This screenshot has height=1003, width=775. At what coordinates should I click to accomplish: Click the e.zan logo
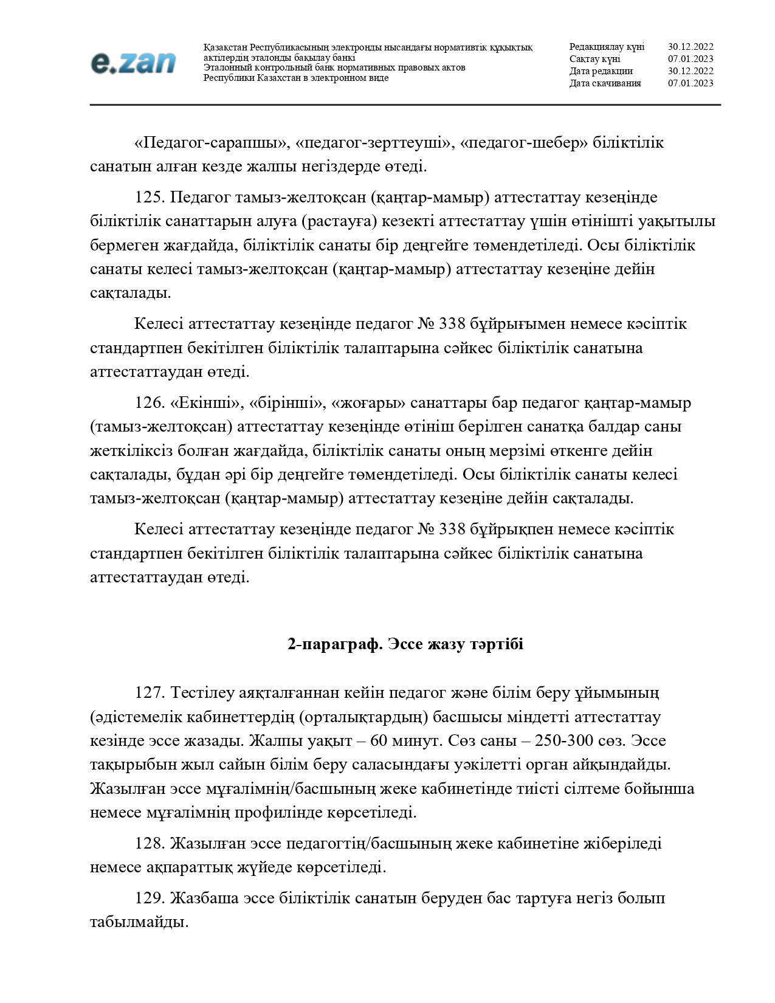[x=133, y=63]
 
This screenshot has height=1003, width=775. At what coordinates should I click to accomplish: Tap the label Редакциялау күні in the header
[x=607, y=47]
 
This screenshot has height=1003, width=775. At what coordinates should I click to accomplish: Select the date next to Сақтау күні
[x=691, y=59]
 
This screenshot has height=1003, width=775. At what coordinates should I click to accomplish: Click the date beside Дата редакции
[x=691, y=71]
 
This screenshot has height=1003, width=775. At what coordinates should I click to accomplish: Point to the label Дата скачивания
[x=605, y=83]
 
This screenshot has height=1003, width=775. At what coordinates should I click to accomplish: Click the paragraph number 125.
[x=150, y=198]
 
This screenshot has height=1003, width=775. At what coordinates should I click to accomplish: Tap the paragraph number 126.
[x=150, y=403]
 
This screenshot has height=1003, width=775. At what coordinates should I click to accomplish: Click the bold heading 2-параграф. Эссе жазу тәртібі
[x=405, y=644]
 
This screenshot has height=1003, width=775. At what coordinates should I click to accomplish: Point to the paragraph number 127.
[x=150, y=693]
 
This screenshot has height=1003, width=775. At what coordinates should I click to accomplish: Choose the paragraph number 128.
[x=150, y=844]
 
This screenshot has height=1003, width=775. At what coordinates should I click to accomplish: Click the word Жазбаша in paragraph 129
[x=199, y=898]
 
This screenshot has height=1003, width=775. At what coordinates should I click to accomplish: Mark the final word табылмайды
[x=139, y=922]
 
